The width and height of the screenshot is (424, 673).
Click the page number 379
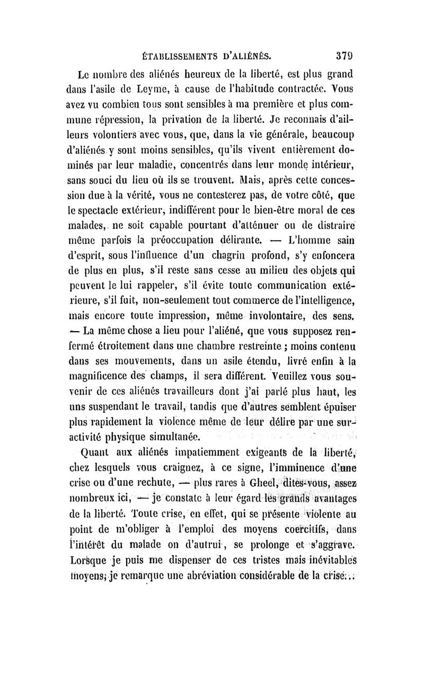(x=345, y=55)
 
